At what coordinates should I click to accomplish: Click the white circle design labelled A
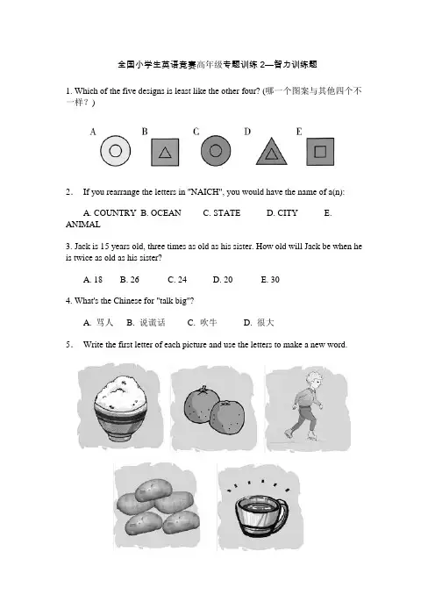click(x=116, y=151)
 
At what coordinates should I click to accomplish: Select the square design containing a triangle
click(x=165, y=152)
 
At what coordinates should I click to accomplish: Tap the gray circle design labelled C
click(x=216, y=150)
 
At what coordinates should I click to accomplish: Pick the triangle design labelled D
click(x=271, y=152)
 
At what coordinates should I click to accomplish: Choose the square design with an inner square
click(x=320, y=152)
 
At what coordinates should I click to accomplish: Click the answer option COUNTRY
click(x=115, y=213)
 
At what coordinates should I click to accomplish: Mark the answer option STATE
click(x=226, y=213)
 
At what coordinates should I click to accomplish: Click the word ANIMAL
click(x=82, y=225)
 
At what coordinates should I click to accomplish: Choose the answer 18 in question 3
click(x=97, y=280)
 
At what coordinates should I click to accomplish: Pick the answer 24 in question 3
click(x=182, y=280)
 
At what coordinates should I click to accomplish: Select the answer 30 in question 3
click(x=275, y=280)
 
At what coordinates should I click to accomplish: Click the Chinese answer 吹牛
click(x=209, y=323)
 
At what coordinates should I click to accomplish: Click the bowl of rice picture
click(x=120, y=408)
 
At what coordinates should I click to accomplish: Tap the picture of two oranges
click(x=214, y=410)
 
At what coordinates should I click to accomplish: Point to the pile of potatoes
click(x=158, y=508)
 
